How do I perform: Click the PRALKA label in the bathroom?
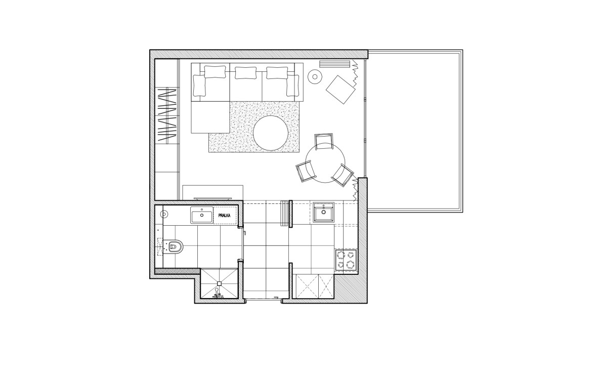[x=225, y=216]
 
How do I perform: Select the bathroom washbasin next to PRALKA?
[x=202, y=215]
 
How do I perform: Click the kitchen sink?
[x=324, y=212]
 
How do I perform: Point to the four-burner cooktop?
[x=346, y=261]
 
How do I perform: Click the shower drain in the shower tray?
[x=219, y=283]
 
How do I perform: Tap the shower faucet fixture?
[x=218, y=295]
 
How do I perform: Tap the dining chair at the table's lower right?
[x=343, y=175]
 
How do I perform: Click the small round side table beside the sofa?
[x=315, y=77]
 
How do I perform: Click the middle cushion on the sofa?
[x=245, y=73]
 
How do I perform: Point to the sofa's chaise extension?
[x=210, y=117]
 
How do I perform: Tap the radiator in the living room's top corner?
[x=334, y=64]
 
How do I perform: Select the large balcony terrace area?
[x=415, y=131]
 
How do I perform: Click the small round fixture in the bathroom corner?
[x=164, y=214]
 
